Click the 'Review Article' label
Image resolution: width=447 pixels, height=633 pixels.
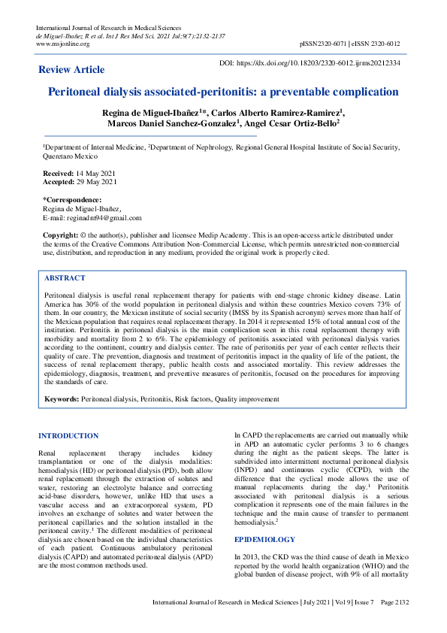click(71, 70)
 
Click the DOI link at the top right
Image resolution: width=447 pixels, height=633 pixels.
click(319, 64)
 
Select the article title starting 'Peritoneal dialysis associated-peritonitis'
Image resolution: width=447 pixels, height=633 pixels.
click(223, 92)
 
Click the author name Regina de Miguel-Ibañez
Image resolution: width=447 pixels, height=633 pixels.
click(153, 111)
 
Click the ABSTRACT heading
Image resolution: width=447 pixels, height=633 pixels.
click(65, 277)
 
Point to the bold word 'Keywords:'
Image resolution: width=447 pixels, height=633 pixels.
click(62, 399)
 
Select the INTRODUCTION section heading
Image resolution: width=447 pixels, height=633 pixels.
click(68, 436)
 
